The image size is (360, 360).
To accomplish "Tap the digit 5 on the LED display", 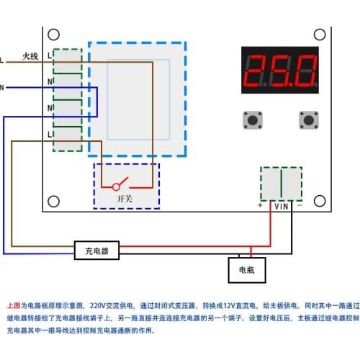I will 282,70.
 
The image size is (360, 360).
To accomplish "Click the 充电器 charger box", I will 96,251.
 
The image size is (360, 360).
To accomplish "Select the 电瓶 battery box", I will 246,271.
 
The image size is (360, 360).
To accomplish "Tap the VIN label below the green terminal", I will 281,206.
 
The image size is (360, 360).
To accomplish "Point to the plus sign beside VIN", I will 261,206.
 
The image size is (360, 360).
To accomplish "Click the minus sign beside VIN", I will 300,206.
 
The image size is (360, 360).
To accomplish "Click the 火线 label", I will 30,55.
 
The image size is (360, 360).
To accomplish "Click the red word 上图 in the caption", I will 14,305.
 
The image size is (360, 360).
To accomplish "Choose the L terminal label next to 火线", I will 49,55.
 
